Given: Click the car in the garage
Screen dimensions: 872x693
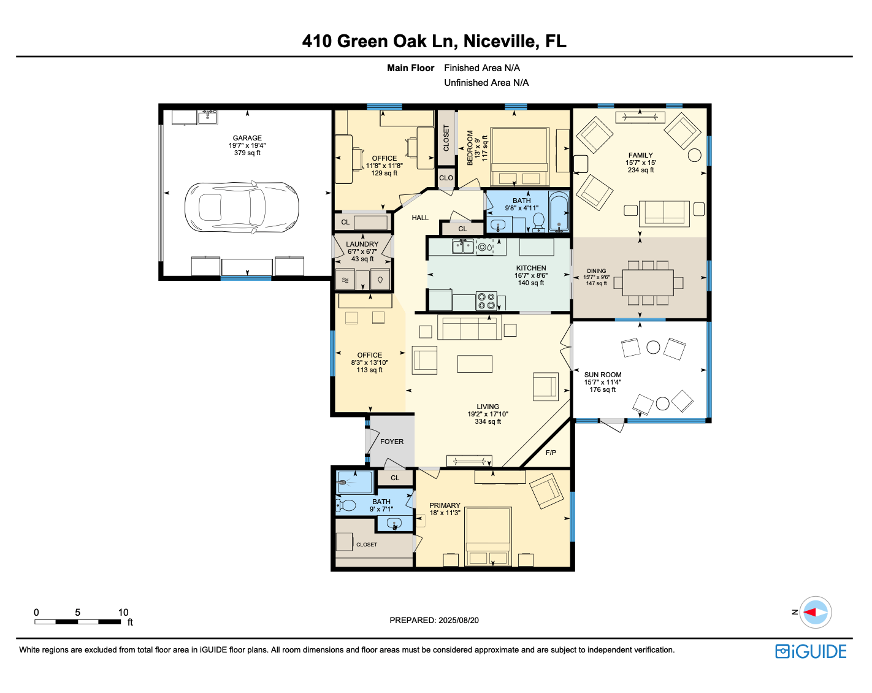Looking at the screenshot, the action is point(242,208).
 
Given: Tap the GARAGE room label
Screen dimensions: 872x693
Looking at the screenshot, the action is point(248,138).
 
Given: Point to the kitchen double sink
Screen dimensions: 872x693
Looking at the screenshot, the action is point(463,247).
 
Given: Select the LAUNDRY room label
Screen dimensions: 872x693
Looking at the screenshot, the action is point(363,245).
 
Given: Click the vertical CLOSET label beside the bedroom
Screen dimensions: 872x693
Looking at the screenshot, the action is point(447,139).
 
